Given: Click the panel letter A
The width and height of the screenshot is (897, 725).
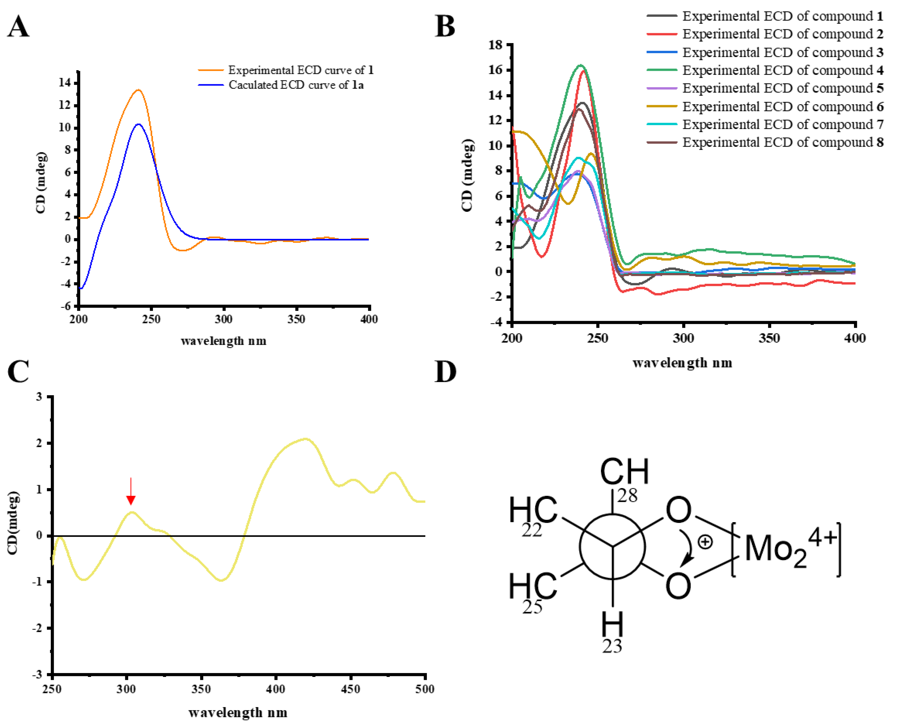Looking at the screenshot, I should coord(19,27).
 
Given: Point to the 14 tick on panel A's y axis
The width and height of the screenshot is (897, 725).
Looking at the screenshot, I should coord(65,83).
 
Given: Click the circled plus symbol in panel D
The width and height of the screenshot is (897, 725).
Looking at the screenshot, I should coord(705,542).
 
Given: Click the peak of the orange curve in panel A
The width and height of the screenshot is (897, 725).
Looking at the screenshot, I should coord(139,90).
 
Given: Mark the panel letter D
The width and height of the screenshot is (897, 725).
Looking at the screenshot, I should coord(445,372).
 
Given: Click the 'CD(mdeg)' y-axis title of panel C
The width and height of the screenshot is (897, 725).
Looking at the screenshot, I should coord(14,523).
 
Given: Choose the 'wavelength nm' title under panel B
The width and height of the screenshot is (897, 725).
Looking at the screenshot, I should coord(682,363).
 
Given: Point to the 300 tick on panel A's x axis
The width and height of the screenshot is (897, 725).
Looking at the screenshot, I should coord(223,320).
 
